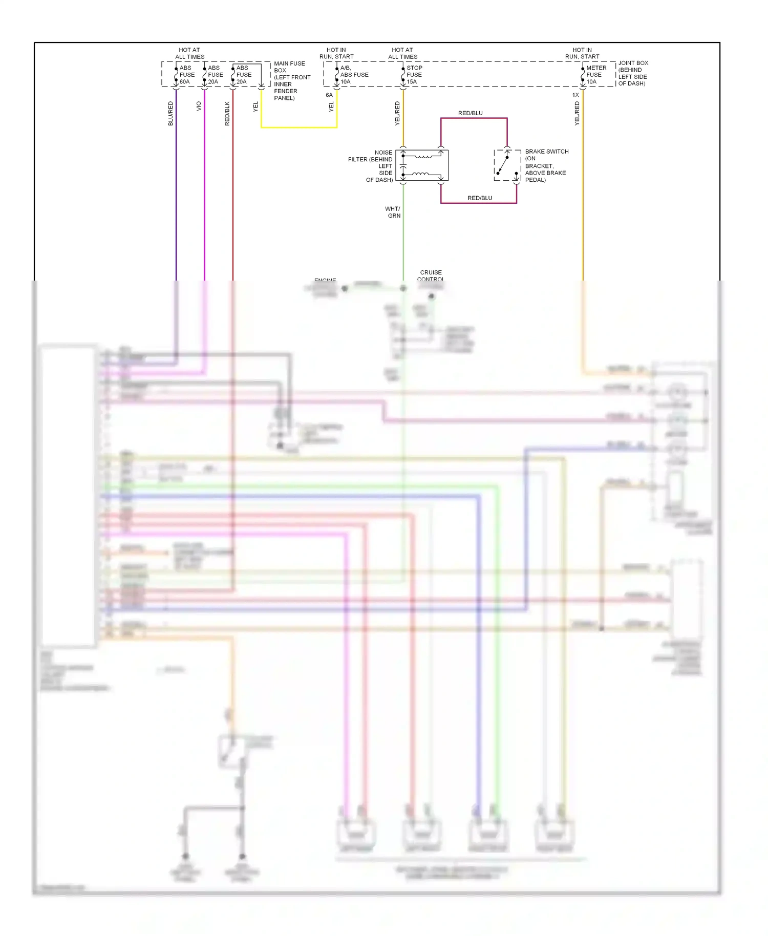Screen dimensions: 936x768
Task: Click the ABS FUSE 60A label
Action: click(x=186, y=75)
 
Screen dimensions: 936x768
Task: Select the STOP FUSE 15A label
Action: click(x=414, y=75)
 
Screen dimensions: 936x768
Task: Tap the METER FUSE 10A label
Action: click(x=595, y=75)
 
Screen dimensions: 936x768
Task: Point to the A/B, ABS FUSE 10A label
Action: click(x=353, y=75)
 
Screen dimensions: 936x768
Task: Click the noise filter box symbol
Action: click(x=422, y=165)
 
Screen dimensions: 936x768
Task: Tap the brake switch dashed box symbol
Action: click(x=507, y=165)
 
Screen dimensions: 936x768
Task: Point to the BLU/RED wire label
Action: click(x=170, y=114)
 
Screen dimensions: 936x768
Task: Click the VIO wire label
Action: click(x=199, y=107)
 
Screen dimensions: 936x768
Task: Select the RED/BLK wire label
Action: click(x=227, y=114)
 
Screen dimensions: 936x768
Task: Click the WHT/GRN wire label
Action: click(x=393, y=212)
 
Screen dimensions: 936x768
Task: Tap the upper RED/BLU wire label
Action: click(x=470, y=113)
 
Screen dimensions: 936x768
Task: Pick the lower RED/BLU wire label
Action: click(x=479, y=198)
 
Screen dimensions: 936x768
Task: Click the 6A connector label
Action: click(x=329, y=95)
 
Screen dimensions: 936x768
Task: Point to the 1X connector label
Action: click(x=575, y=95)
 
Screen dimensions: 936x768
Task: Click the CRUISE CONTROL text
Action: click(x=431, y=275)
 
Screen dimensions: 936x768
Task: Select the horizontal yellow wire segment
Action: click(x=299, y=127)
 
